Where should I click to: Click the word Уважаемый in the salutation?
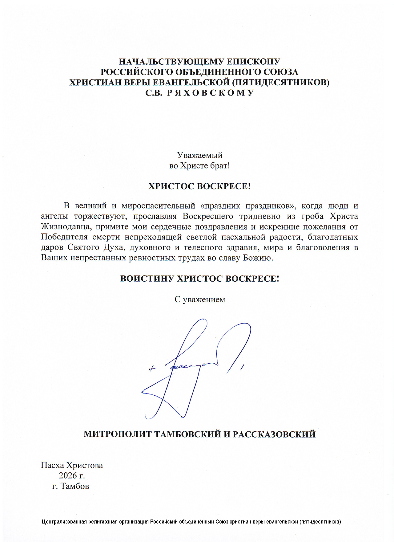tap(199, 155)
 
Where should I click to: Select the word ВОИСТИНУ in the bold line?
tap(147, 279)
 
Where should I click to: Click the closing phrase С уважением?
tap(200, 299)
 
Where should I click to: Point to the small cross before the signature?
tap(151, 369)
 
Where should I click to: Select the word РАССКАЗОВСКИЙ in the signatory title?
tap(274, 434)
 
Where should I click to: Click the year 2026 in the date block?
tap(68, 475)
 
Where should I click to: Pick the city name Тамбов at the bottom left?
tap(75, 486)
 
